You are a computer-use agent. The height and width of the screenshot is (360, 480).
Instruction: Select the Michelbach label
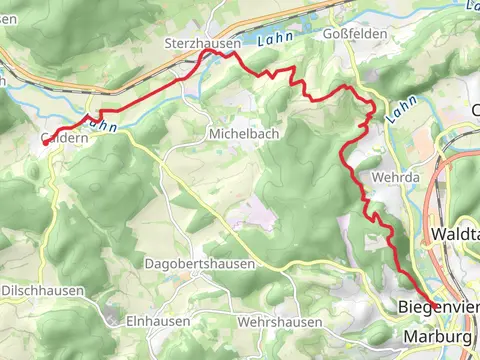pyautogui.click(x=243, y=133)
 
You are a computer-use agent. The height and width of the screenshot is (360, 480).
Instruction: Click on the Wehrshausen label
pyautogui.click(x=280, y=322)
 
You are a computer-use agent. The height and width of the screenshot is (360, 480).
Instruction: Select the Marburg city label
pyautogui.click(x=438, y=338)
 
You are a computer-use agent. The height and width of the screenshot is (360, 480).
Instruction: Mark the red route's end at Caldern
pyautogui.click(x=46, y=144)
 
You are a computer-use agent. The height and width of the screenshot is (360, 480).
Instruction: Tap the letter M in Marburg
pyautogui.click(x=410, y=338)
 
